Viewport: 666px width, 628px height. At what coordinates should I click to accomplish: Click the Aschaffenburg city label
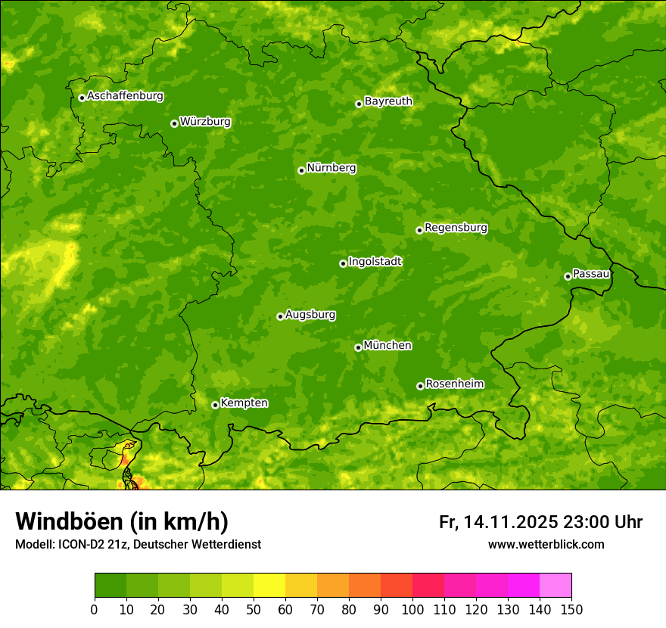[x=125, y=96]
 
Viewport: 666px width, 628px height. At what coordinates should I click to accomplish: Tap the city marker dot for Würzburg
[x=174, y=123]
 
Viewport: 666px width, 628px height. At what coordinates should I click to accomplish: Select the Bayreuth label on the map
[x=388, y=101]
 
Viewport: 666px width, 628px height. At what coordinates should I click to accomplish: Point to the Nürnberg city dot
[x=301, y=170]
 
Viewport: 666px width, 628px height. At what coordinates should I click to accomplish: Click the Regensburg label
[x=456, y=228]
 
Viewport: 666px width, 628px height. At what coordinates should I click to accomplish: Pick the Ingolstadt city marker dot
[x=343, y=263]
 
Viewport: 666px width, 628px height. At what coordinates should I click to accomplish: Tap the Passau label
[x=591, y=274]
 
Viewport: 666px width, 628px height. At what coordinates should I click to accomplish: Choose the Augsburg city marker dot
[x=280, y=316]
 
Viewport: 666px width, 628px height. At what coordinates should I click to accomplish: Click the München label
[x=387, y=346]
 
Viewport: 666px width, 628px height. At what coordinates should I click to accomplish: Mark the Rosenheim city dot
[x=420, y=386]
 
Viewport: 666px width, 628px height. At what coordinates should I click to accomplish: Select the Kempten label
[x=244, y=403]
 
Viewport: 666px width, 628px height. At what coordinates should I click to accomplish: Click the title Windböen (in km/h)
[x=122, y=521]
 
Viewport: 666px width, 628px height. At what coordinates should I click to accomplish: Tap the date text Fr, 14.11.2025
[x=498, y=522]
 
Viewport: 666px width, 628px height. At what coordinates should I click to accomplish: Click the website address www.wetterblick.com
[x=546, y=544]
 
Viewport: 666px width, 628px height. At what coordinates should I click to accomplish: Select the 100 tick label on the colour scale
[x=412, y=608]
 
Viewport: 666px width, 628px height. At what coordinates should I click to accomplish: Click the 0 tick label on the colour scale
[x=95, y=608]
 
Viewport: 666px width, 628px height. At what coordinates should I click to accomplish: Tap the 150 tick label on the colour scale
[x=571, y=608]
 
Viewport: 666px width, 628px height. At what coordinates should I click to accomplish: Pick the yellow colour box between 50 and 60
[x=269, y=586]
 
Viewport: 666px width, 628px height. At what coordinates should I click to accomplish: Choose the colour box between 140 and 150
[x=556, y=586]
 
